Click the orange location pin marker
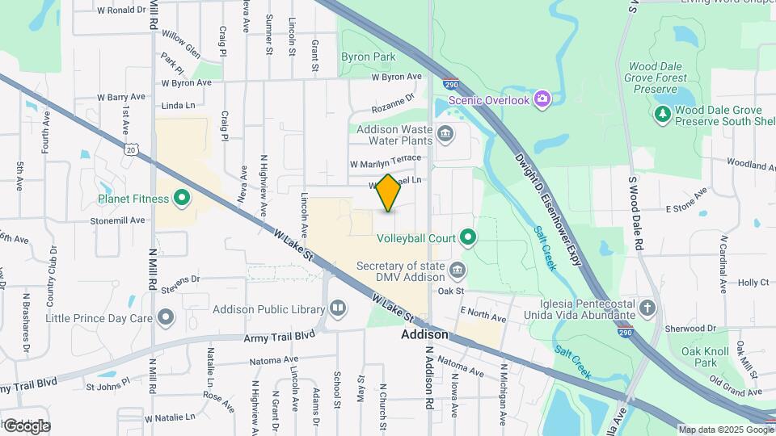(x=389, y=193)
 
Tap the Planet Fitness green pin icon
(x=182, y=198)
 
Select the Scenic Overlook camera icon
(x=542, y=99)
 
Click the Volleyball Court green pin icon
(x=467, y=237)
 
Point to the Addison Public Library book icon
(x=337, y=308)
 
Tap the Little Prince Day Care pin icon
(x=166, y=317)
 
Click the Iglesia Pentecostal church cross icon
(x=647, y=308)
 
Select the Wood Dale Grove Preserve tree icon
(x=663, y=115)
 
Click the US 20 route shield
(x=131, y=149)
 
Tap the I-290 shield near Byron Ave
(x=451, y=84)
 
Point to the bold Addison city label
(x=424, y=334)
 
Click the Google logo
(x=26, y=426)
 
